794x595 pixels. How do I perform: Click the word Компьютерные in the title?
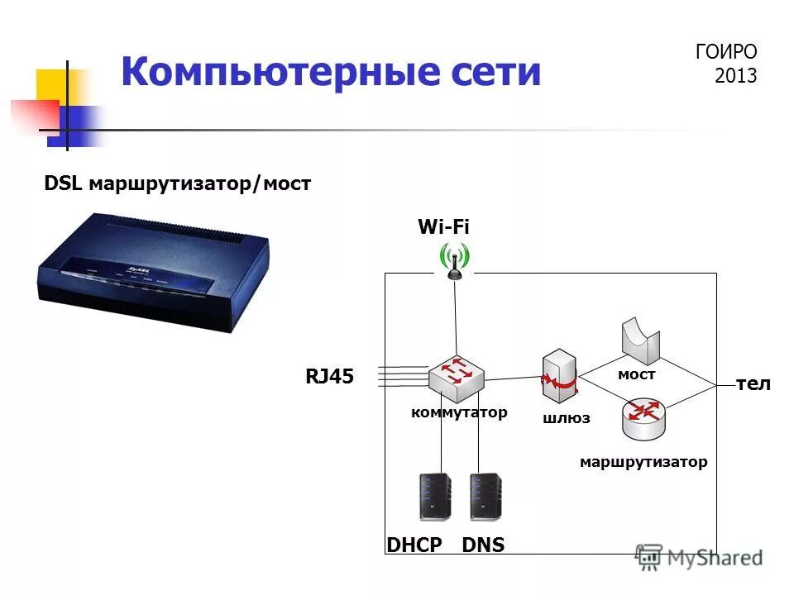pyautogui.click(x=274, y=73)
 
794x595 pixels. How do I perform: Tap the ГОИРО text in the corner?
pyautogui.click(x=726, y=52)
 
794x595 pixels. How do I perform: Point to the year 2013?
pyautogui.click(x=735, y=76)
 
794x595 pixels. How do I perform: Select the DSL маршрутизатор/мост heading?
pyautogui.click(x=177, y=183)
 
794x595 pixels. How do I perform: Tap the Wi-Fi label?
pyautogui.click(x=443, y=228)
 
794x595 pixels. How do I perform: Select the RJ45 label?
pyautogui.click(x=329, y=377)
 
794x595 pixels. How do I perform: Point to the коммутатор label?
pyautogui.click(x=459, y=412)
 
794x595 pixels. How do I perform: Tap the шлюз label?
pyautogui.click(x=567, y=418)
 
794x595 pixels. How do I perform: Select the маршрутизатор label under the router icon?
pyautogui.click(x=643, y=462)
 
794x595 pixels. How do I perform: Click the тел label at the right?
pyautogui.click(x=753, y=384)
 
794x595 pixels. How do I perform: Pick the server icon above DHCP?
pyautogui.click(x=435, y=497)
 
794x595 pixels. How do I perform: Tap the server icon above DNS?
pyautogui.click(x=485, y=497)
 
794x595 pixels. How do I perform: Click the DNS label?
pyautogui.click(x=483, y=544)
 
